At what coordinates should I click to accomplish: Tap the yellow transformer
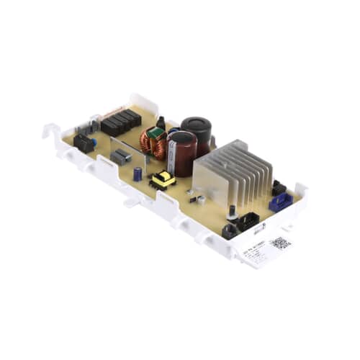[163, 180]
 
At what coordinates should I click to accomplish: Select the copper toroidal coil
[153, 143]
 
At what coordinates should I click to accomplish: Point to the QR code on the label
[282, 243]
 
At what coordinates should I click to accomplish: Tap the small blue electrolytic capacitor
[138, 174]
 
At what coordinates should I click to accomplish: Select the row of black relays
[120, 123]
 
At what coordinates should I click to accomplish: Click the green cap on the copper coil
[153, 132]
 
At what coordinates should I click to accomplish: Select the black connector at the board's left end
[84, 143]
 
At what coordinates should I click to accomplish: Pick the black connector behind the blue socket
[278, 189]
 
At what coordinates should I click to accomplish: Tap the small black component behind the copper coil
[161, 122]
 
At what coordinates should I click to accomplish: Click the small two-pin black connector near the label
[230, 230]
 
